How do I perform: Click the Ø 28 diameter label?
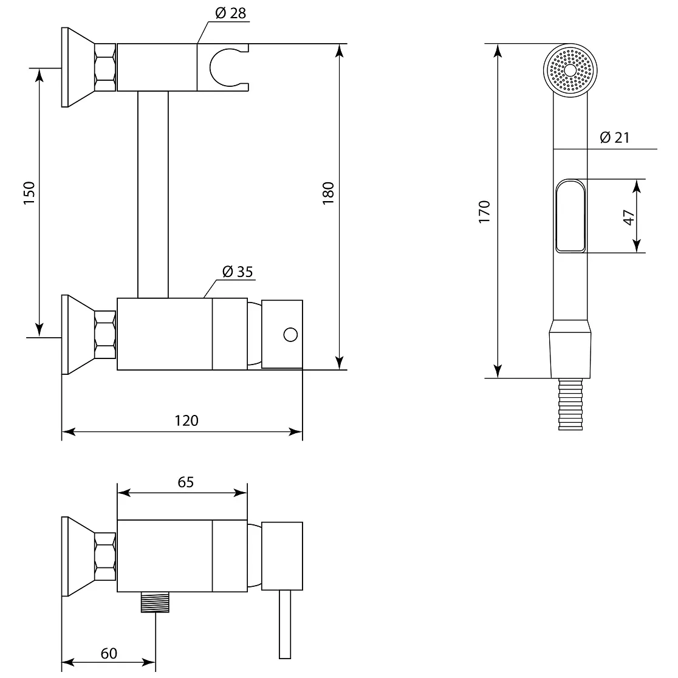(230, 13)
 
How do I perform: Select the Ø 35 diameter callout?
(238, 272)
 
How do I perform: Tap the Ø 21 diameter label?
(614, 137)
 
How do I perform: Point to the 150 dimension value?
(29, 193)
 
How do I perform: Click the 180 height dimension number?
(328, 193)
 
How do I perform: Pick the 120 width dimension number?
(187, 420)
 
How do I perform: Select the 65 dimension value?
(185, 482)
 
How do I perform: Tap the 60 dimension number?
(109, 653)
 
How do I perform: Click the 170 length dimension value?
(484, 211)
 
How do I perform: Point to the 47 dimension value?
(629, 217)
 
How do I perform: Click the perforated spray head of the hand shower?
(570, 70)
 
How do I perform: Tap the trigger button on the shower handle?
(570, 216)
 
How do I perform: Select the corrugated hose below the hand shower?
(570, 404)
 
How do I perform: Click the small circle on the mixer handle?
(290, 335)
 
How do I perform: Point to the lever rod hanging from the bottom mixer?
(285, 625)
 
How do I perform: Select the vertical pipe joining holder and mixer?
(153, 194)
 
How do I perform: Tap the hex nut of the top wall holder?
(105, 67)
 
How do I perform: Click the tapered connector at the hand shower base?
(570, 349)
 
